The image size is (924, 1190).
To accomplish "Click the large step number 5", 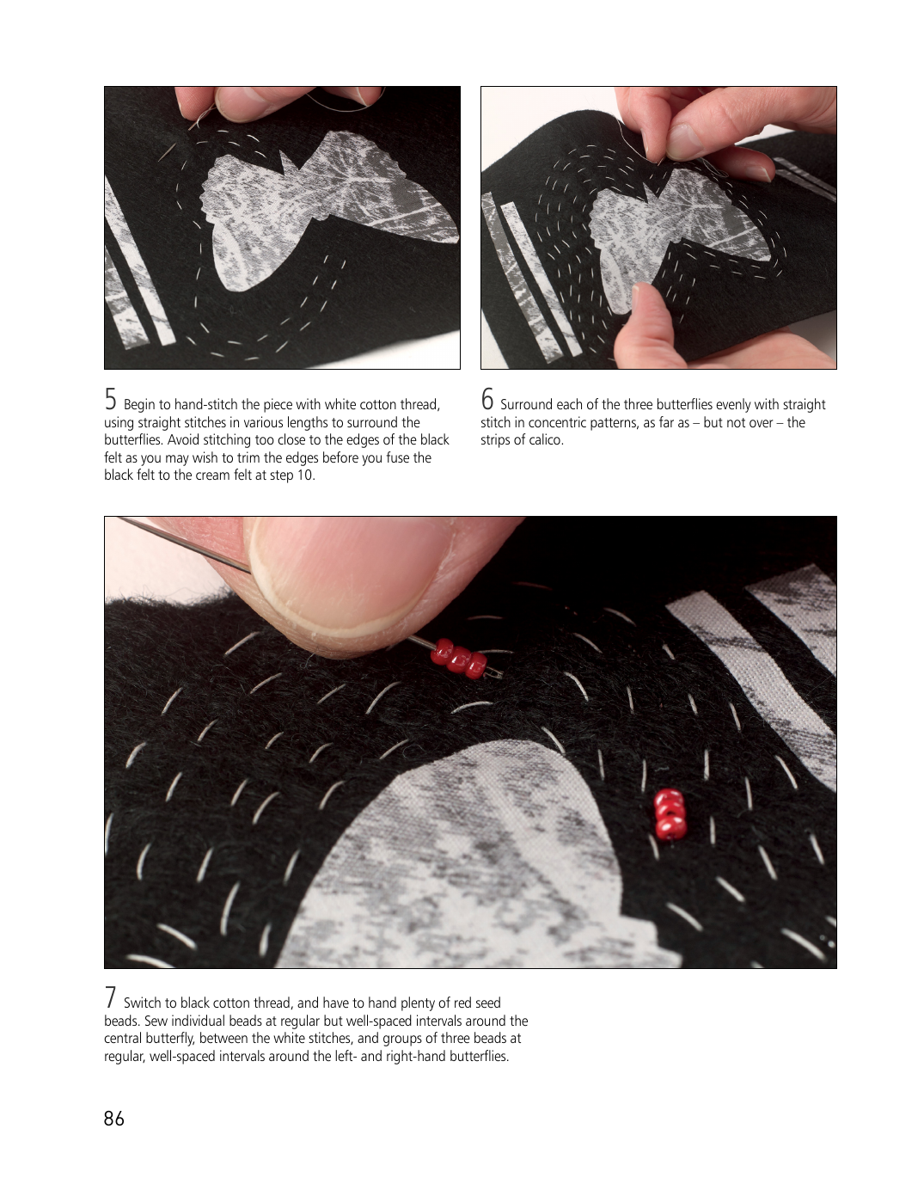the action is [111, 399].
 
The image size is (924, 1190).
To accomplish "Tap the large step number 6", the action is [487, 399].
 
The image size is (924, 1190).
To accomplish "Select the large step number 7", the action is [110, 997].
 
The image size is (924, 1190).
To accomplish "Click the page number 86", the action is [113, 1119].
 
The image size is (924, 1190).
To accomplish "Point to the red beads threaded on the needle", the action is [459, 659].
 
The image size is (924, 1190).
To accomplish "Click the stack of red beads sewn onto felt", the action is [670, 813].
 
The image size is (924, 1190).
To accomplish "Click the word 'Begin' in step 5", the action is [139, 405].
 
